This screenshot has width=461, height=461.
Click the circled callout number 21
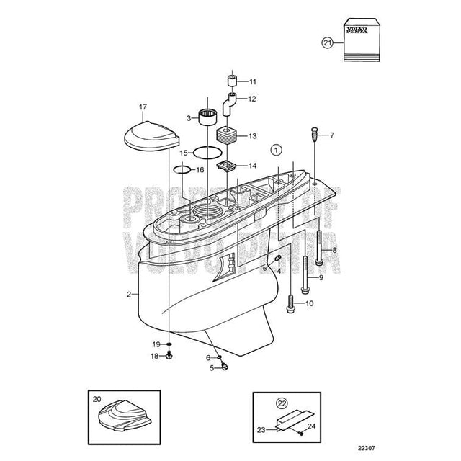(x=328, y=43)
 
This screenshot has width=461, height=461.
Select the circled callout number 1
(x=275, y=150)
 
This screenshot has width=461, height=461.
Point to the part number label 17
(x=142, y=107)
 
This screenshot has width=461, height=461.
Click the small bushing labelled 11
(x=232, y=80)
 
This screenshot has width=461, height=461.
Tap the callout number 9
(x=321, y=277)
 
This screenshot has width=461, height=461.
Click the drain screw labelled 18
(x=170, y=354)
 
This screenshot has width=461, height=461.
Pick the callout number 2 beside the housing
(x=128, y=295)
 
